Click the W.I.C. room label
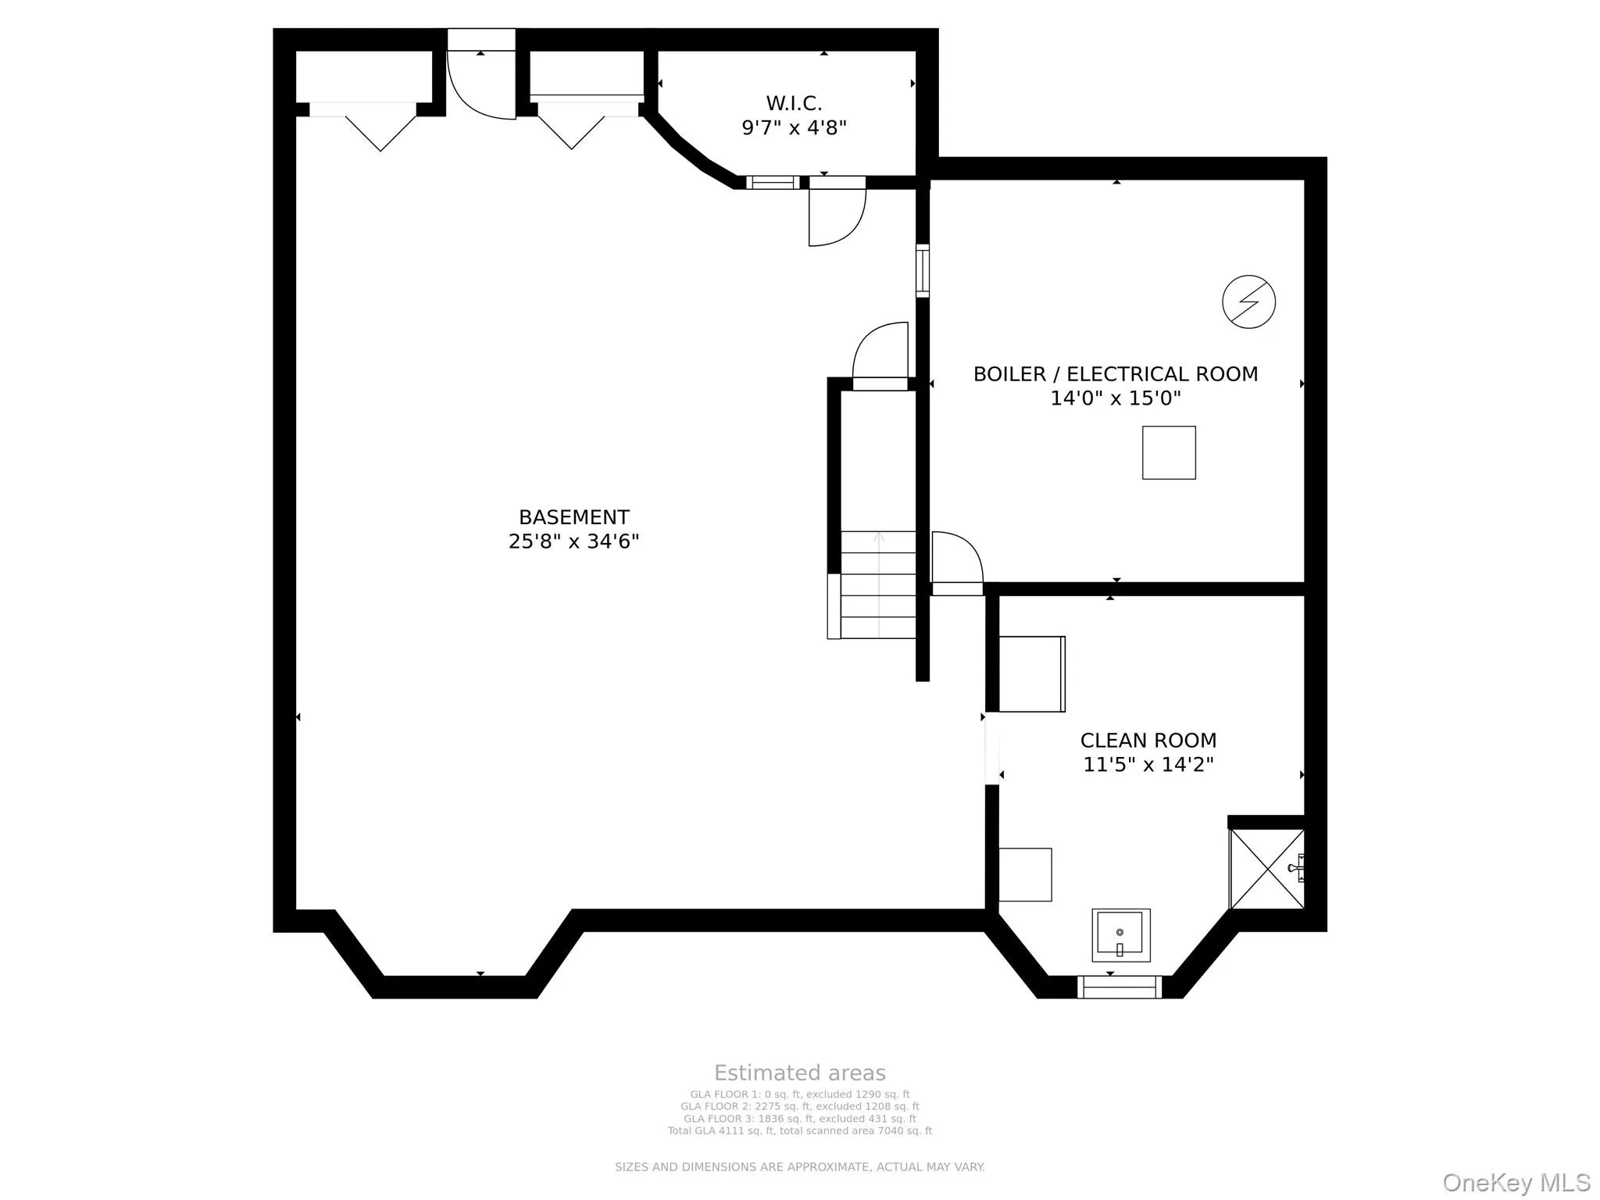tap(794, 103)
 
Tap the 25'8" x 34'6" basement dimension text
tap(573, 541)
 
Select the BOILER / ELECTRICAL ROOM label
tap(1115, 374)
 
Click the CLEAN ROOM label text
tap(1148, 740)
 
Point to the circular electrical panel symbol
tap(1248, 302)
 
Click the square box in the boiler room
tap(1169, 452)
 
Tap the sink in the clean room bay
tap(1120, 934)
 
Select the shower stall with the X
tap(1266, 870)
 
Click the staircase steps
tap(877, 586)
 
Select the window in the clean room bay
tap(1119, 987)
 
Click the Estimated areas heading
tap(799, 1073)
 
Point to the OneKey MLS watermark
tap(1516, 1182)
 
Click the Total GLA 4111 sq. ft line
tap(799, 1130)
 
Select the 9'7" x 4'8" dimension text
tap(794, 127)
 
